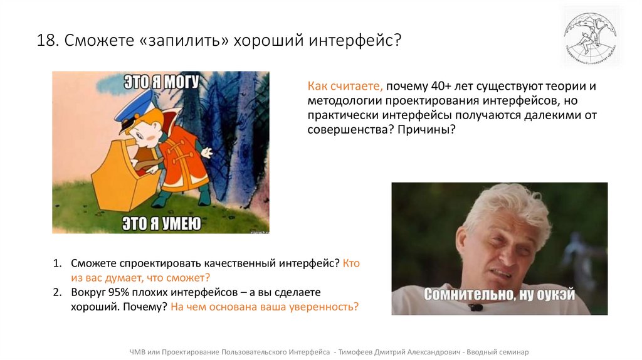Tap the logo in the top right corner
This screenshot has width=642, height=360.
590,36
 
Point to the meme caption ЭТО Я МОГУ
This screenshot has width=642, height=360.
160,82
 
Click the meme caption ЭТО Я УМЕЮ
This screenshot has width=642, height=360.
161,223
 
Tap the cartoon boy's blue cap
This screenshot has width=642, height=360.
133,107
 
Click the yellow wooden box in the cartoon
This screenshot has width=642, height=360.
123,176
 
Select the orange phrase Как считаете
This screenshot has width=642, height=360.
345,87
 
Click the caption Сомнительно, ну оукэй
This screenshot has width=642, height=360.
499,294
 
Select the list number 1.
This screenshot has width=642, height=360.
57,263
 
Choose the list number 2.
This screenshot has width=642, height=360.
57,292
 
